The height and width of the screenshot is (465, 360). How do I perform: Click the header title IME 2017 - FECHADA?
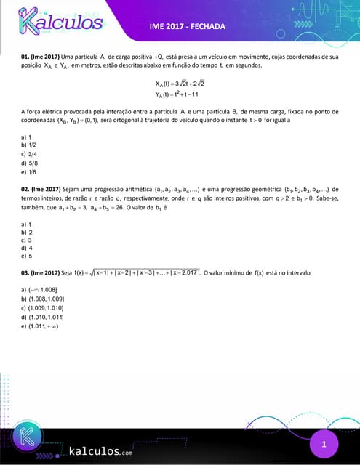coord(187,26)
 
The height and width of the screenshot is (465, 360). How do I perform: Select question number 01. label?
coord(26,56)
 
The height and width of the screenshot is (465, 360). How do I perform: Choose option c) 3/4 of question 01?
coord(30,154)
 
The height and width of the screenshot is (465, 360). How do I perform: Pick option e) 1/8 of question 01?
coord(30,171)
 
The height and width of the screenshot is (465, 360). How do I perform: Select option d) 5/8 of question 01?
coord(30,163)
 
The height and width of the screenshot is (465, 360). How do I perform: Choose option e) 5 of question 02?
coord(27,256)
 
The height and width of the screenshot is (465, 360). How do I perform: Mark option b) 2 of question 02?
coord(27,232)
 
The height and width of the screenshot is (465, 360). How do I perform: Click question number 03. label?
coord(26,272)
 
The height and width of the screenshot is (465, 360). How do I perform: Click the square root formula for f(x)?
coord(143,272)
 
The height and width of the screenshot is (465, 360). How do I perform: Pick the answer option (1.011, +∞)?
coord(42,325)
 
